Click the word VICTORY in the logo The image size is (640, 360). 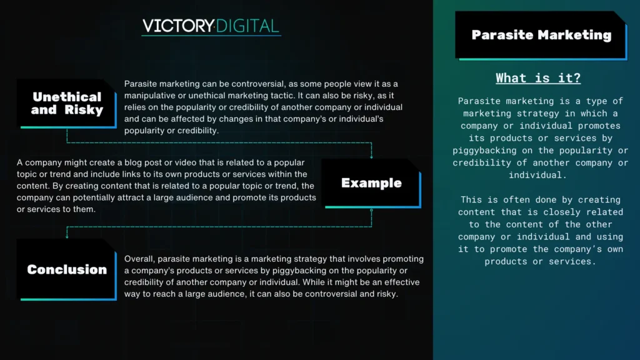coord(178,26)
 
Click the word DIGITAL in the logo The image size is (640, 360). coord(247,26)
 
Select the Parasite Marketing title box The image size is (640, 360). coord(541,36)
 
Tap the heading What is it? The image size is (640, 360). coord(538,78)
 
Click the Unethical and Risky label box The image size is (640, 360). coord(67,104)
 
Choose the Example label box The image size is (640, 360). coord(371,183)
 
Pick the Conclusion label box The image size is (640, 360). coord(67,270)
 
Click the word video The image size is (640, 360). coord(186,162)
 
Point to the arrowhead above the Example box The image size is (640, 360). coord(371,157)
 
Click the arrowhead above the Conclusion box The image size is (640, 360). coord(67,236)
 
